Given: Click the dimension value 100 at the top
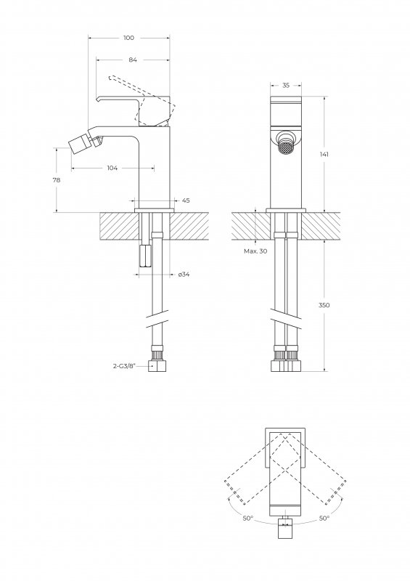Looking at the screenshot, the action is pos(129,38).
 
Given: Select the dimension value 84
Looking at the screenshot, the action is pos(133,60).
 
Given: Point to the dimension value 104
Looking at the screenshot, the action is pos(112,168).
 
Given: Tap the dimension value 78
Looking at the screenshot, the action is pos(57,180).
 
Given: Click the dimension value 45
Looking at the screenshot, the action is pos(186,200).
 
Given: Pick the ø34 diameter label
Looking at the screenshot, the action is pos(184,275).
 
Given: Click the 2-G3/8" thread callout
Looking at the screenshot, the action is pos(124,366).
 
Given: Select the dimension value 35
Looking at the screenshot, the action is pos(286,85).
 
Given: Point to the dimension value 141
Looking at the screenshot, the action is pos(324,154).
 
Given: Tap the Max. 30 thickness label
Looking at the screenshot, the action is pos(255,251).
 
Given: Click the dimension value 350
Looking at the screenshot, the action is pos(324,305).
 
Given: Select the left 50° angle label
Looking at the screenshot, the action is pos(247,518).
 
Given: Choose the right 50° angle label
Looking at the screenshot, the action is pos(324,518).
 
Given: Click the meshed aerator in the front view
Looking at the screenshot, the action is pos(286,148).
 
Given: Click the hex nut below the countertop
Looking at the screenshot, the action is pos(145,256).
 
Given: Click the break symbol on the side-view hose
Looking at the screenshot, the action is pos(157,318).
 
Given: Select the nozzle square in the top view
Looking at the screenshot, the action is pos(285,529).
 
